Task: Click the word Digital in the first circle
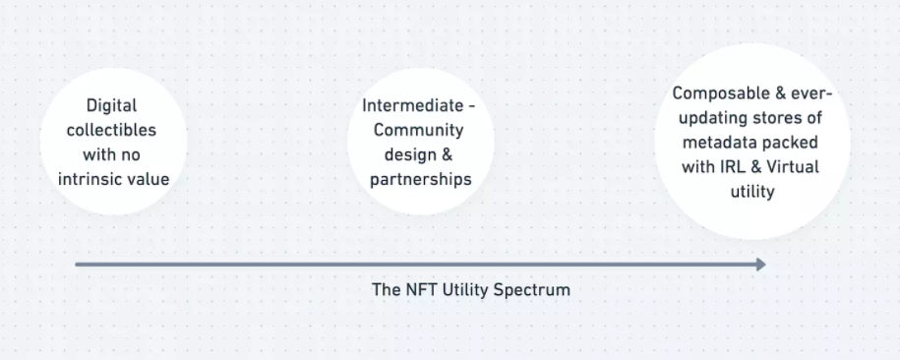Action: coord(111,106)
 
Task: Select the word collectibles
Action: coord(111,130)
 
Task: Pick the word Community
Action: coord(418,131)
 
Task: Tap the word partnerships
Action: coord(421,180)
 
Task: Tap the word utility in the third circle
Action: coord(752,192)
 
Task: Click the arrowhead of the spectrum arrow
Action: coord(761,265)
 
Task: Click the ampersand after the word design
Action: coord(447,155)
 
